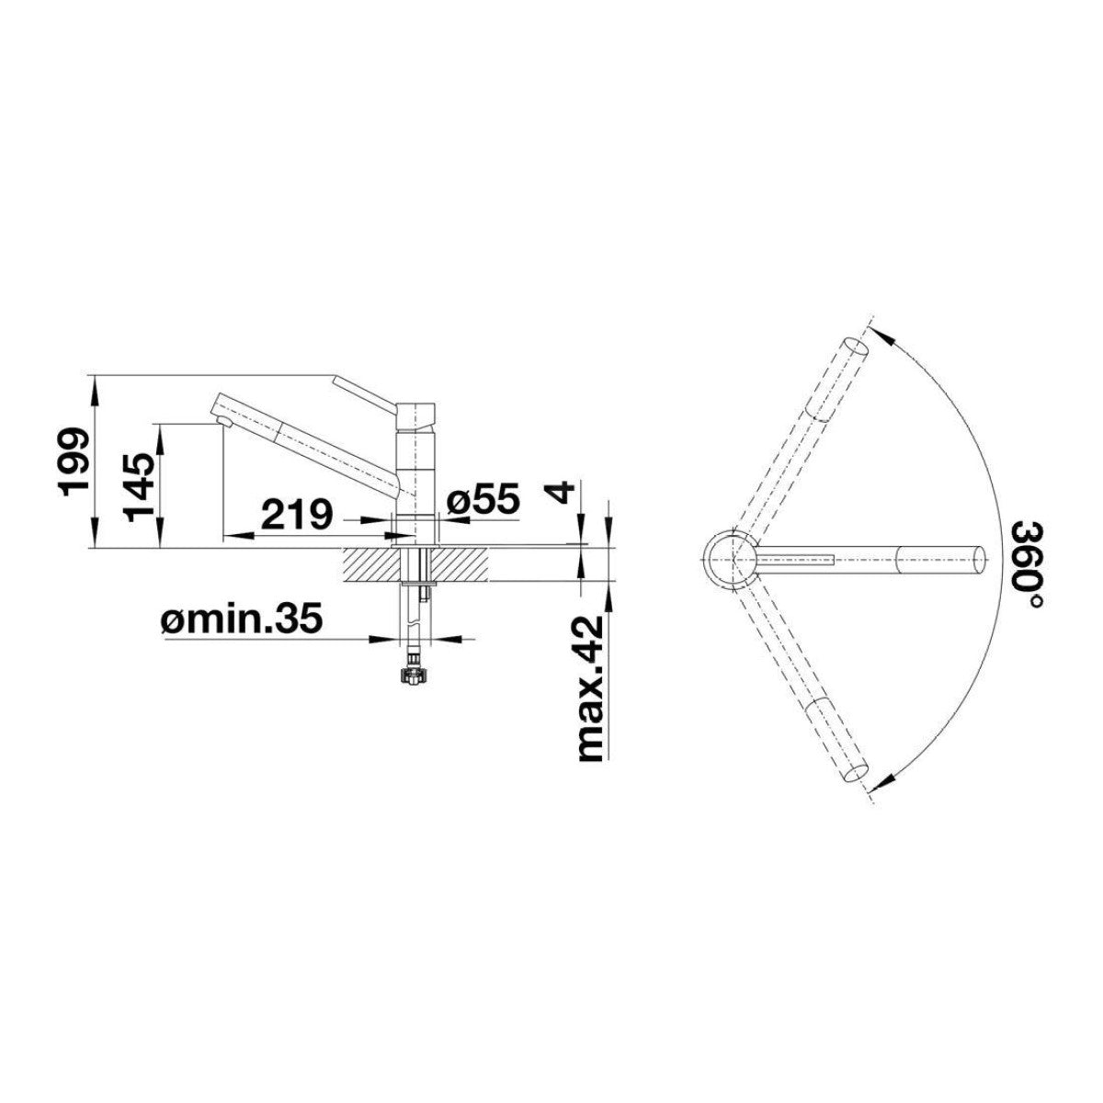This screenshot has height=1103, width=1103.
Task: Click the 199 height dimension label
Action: click(75, 456)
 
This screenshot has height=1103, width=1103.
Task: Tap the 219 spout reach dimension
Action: click(297, 515)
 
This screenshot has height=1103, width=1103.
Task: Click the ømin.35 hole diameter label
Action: click(243, 619)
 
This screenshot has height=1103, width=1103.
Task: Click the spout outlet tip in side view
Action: click(223, 423)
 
